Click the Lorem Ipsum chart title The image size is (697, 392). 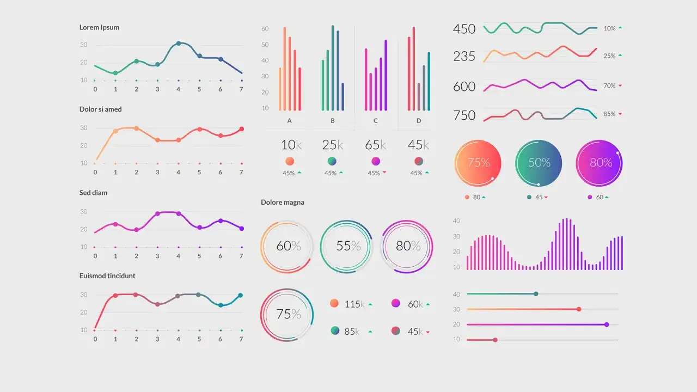coord(99,27)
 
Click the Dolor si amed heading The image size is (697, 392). coord(101,109)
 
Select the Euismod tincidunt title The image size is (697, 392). coord(107,276)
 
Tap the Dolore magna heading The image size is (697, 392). coord(283,203)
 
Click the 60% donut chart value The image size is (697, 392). coord(288,246)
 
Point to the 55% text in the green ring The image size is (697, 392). coord(348,246)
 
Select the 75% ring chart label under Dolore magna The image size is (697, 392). coord(288,314)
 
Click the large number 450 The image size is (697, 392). coord(464,29)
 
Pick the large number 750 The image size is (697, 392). coord(464,115)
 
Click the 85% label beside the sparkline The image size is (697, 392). coord(609,114)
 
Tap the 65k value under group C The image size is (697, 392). coord(375,145)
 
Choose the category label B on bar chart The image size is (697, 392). coord(333,121)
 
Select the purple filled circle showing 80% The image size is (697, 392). coord(599,163)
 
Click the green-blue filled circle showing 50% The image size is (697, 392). coord(539,163)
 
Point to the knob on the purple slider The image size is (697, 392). coord(607,324)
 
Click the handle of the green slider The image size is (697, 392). coord(536,294)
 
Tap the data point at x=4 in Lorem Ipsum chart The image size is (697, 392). coord(179,44)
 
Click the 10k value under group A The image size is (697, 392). coord(291,145)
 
